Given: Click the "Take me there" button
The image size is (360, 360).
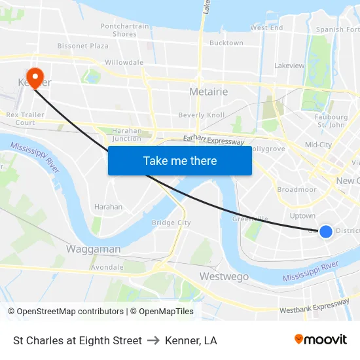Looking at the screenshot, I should click(180, 160).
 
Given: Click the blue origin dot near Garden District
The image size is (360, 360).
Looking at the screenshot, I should click(325, 230).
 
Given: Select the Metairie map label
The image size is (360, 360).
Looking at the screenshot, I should click(208, 92).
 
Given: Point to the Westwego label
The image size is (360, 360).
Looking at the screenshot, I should click(224, 276).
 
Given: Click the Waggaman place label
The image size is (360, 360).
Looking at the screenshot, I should click(93, 249).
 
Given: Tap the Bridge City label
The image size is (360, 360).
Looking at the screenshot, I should click(171, 223).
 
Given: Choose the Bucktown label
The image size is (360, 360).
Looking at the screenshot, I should click(226, 43).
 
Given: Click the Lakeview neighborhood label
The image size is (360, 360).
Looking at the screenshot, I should click(289, 65).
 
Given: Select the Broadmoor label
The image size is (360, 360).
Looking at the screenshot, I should click(297, 190).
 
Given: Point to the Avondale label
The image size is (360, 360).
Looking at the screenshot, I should click(107, 267).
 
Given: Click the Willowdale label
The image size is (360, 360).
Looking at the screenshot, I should click(124, 62).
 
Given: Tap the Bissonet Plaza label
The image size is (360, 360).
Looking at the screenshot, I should click(83, 46).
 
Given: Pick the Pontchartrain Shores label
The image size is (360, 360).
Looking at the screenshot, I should click(124, 30).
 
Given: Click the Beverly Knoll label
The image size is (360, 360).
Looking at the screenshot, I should click(202, 115).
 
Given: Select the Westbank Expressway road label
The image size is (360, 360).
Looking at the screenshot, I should click(314, 306).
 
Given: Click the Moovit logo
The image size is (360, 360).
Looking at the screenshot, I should click(321, 339).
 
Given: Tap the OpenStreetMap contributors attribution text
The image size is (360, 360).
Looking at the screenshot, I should click(67, 312).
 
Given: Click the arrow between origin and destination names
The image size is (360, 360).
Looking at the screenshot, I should click(153, 340).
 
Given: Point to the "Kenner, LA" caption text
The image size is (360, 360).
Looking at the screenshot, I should click(191, 340).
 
